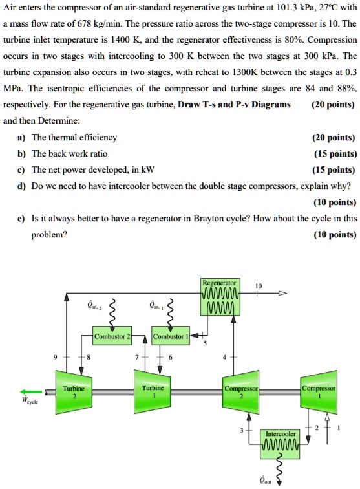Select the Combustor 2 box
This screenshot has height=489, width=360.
tap(112, 336)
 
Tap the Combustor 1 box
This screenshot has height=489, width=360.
tap(170, 336)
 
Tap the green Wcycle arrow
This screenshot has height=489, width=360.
tap(32, 391)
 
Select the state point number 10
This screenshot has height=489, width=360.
tap(259, 285)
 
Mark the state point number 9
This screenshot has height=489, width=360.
tap(56, 356)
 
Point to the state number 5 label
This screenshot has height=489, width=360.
tap(206, 343)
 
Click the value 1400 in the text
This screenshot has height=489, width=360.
tap(126, 56)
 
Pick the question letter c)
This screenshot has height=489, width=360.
tap(23, 169)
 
